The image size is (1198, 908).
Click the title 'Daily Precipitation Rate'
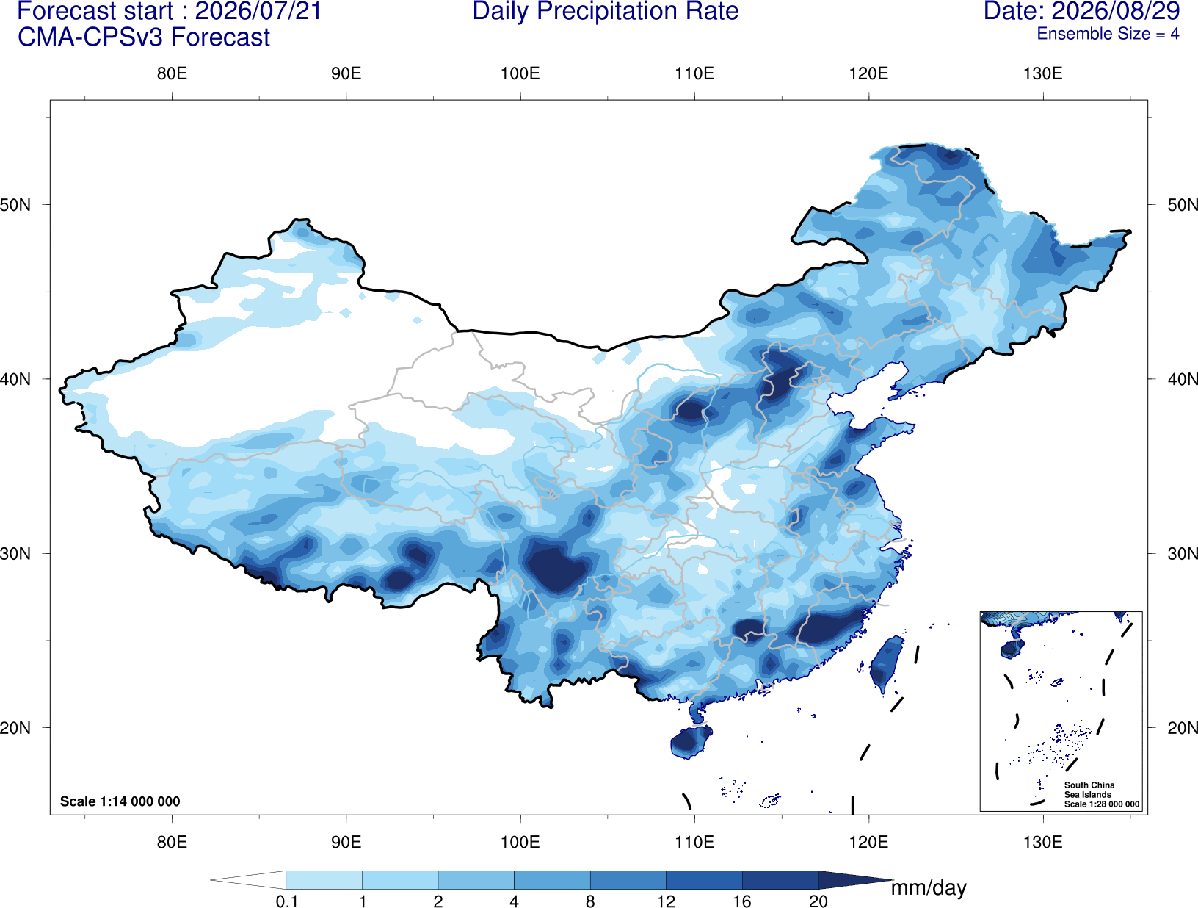[606, 11]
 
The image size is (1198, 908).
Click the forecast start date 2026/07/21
[258, 11]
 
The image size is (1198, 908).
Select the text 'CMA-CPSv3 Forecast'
[144, 37]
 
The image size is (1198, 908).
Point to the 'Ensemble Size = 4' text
[1108, 34]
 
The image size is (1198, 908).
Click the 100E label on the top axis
[520, 73]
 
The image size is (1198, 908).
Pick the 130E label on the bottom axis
[1043, 842]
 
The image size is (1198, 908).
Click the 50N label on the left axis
[15, 205]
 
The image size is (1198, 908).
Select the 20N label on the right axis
[1182, 728]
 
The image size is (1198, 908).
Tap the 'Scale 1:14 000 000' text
[120, 801]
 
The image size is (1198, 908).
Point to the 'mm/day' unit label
[929, 887]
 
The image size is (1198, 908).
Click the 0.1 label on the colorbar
[286, 901]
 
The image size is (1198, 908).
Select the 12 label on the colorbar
[666, 901]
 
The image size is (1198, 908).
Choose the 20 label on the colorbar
[818, 901]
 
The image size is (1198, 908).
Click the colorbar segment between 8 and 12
[628, 879]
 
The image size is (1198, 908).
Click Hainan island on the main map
[691, 741]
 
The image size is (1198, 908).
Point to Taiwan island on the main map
[885, 663]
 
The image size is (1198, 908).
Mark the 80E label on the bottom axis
[172, 842]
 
